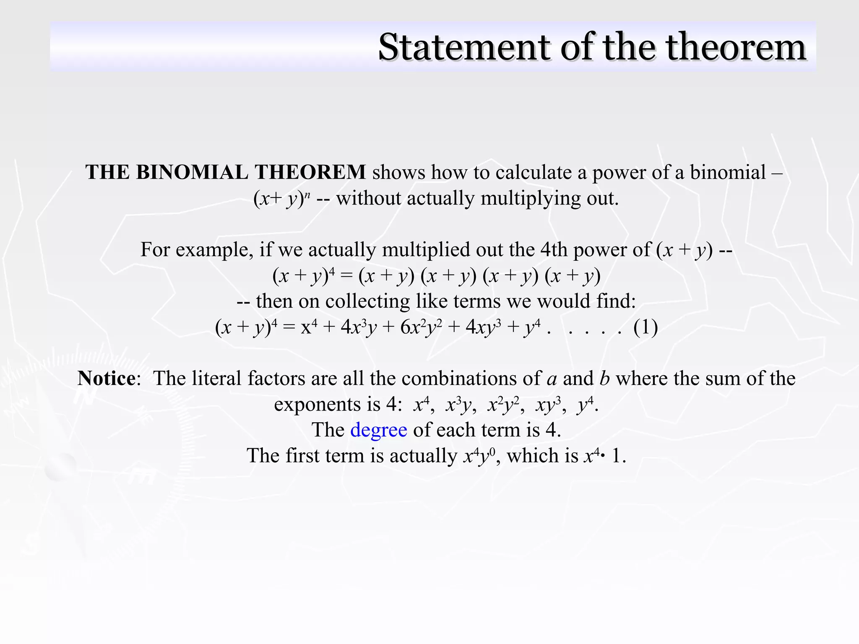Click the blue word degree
tap(378, 430)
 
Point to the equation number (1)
tap(645, 327)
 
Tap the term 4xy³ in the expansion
tap(483, 327)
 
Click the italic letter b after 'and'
tap(604, 378)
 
